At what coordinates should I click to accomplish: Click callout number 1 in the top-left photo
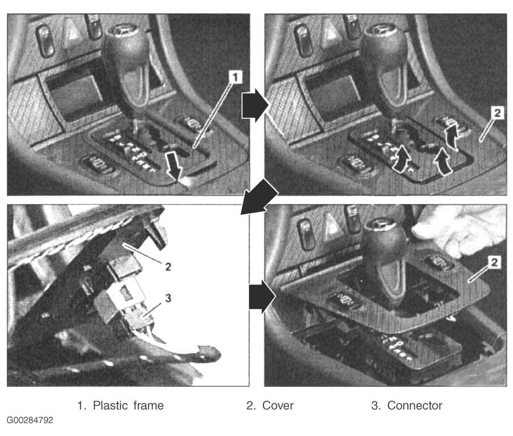point(235,77)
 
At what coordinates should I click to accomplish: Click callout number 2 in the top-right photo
point(497,113)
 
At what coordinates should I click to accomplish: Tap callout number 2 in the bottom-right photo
point(494,262)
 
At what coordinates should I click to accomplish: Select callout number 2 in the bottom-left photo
point(168,267)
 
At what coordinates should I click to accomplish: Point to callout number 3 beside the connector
point(168,298)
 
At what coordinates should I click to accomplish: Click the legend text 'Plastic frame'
point(128,405)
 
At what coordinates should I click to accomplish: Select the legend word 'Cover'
point(278,405)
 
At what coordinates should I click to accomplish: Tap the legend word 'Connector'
point(414,405)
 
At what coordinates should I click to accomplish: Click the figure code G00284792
point(30,420)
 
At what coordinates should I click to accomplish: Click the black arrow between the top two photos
point(254,105)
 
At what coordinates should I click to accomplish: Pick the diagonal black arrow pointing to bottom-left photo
point(260,195)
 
